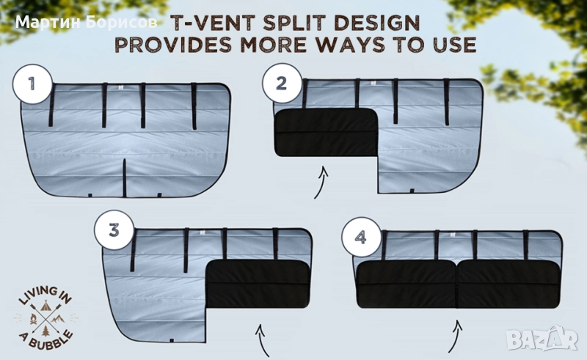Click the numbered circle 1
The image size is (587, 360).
(x=32, y=84)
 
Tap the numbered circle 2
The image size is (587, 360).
(x=282, y=83)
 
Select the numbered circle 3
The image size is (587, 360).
(x=114, y=229)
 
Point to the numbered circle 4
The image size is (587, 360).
(x=360, y=237)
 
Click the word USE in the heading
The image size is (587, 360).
(x=454, y=45)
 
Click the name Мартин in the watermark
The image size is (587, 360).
(x=48, y=22)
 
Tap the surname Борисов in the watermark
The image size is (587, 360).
(x=121, y=22)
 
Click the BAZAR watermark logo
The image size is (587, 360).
(x=542, y=338)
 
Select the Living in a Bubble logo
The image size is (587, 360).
(x=45, y=318)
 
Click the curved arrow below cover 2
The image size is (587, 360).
(x=321, y=183)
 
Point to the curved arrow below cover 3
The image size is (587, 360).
(x=262, y=340)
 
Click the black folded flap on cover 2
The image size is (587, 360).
(x=326, y=133)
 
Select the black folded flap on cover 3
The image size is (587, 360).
(x=258, y=284)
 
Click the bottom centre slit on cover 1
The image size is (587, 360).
(x=125, y=177)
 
